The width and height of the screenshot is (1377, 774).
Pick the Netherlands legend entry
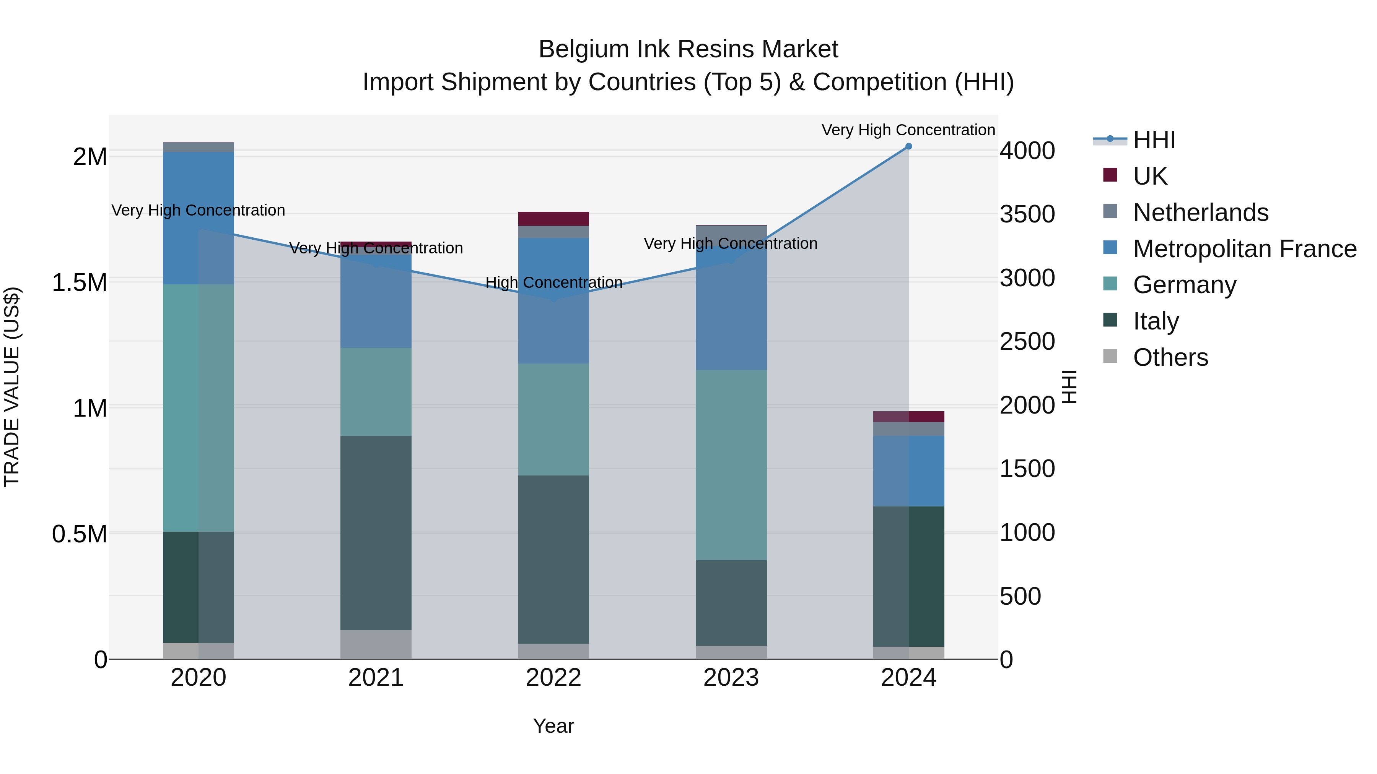(1200, 213)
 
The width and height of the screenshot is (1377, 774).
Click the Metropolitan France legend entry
(1244, 249)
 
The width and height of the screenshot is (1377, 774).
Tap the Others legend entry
(1170, 357)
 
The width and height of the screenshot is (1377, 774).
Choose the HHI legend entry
(1154, 140)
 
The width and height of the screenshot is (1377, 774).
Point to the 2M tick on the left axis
(90, 157)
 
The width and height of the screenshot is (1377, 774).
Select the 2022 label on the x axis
(553, 678)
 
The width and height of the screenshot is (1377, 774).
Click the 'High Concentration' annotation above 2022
(554, 282)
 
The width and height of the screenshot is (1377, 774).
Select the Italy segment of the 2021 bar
(376, 532)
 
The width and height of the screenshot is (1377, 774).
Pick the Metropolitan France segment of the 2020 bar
(198, 218)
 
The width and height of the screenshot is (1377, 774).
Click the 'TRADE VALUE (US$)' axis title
(12, 387)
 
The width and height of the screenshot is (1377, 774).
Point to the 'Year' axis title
(553, 726)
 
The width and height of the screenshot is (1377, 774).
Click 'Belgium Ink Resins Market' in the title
(688, 49)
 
